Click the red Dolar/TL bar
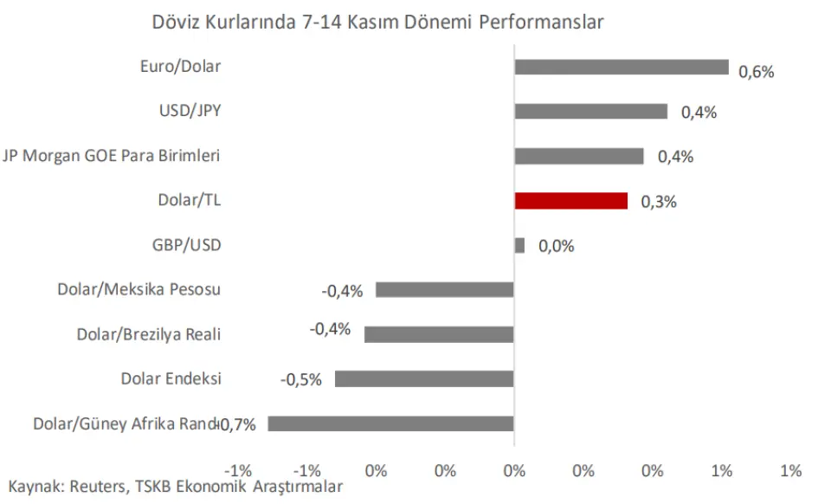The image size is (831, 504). coord(570,201)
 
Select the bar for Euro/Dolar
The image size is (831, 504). coord(622,68)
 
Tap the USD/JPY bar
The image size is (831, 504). coord(591,112)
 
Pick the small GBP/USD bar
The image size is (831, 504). coord(519,246)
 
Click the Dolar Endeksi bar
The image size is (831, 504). coord(424,378)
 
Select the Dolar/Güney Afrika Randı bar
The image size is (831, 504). coord(390,423)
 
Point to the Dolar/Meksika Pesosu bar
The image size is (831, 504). coord(445,289)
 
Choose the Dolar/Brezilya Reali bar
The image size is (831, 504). coord(439,334)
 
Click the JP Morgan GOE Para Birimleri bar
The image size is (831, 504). coord(579,156)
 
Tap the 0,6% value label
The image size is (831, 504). coord(756,72)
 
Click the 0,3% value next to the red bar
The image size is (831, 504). coord(658,202)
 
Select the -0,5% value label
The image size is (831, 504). coord(301,379)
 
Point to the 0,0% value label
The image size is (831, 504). coord(556,247)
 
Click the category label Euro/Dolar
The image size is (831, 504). coord(180,67)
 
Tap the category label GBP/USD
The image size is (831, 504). coord(186,245)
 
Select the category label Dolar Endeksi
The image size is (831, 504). coord(171,378)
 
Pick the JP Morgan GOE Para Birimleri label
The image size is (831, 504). coord(112,156)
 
